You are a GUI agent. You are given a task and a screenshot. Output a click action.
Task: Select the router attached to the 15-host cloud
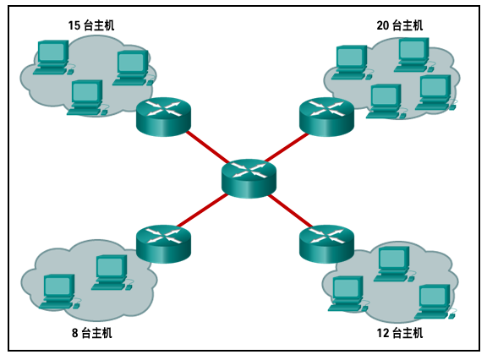click(x=164, y=117)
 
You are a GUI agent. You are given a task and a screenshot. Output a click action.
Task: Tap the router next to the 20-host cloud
click(x=326, y=117)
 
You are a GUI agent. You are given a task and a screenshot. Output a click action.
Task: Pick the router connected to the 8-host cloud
click(x=164, y=243)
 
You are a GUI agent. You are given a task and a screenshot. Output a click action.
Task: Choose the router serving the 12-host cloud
click(x=326, y=243)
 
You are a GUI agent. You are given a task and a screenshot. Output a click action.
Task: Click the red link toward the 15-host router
click(x=206, y=146)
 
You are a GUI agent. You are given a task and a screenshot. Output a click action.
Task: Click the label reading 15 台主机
click(x=91, y=25)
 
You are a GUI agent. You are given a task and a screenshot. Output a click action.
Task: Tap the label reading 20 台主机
click(x=400, y=25)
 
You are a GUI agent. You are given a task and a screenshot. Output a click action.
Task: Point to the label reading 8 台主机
click(x=91, y=333)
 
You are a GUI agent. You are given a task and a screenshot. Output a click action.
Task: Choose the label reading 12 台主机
click(x=400, y=333)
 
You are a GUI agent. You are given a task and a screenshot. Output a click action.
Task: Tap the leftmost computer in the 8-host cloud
click(x=58, y=290)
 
